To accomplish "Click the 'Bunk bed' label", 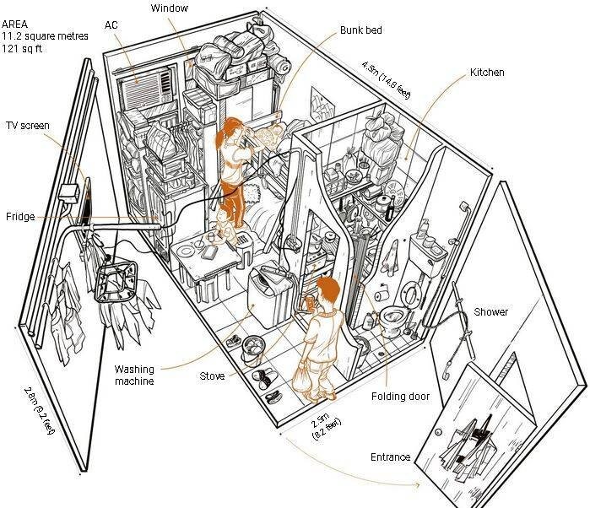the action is tap(361, 30).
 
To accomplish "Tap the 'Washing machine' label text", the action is tap(134, 376).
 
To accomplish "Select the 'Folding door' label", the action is tap(400, 397).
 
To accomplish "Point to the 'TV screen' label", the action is tap(28, 125).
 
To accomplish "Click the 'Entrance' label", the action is tap(390, 457).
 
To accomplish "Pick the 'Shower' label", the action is tap(490, 311).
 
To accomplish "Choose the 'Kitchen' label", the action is tap(487, 73).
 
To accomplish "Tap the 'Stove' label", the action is tap(212, 376).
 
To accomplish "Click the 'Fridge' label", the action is tap(20, 216).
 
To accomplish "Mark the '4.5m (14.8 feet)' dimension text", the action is tap(386, 80).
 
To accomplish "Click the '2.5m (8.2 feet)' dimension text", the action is tap(326, 425).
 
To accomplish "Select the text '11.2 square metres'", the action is tap(45, 36).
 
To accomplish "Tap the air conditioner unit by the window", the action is tap(147, 89).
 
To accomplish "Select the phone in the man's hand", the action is tap(310, 303).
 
